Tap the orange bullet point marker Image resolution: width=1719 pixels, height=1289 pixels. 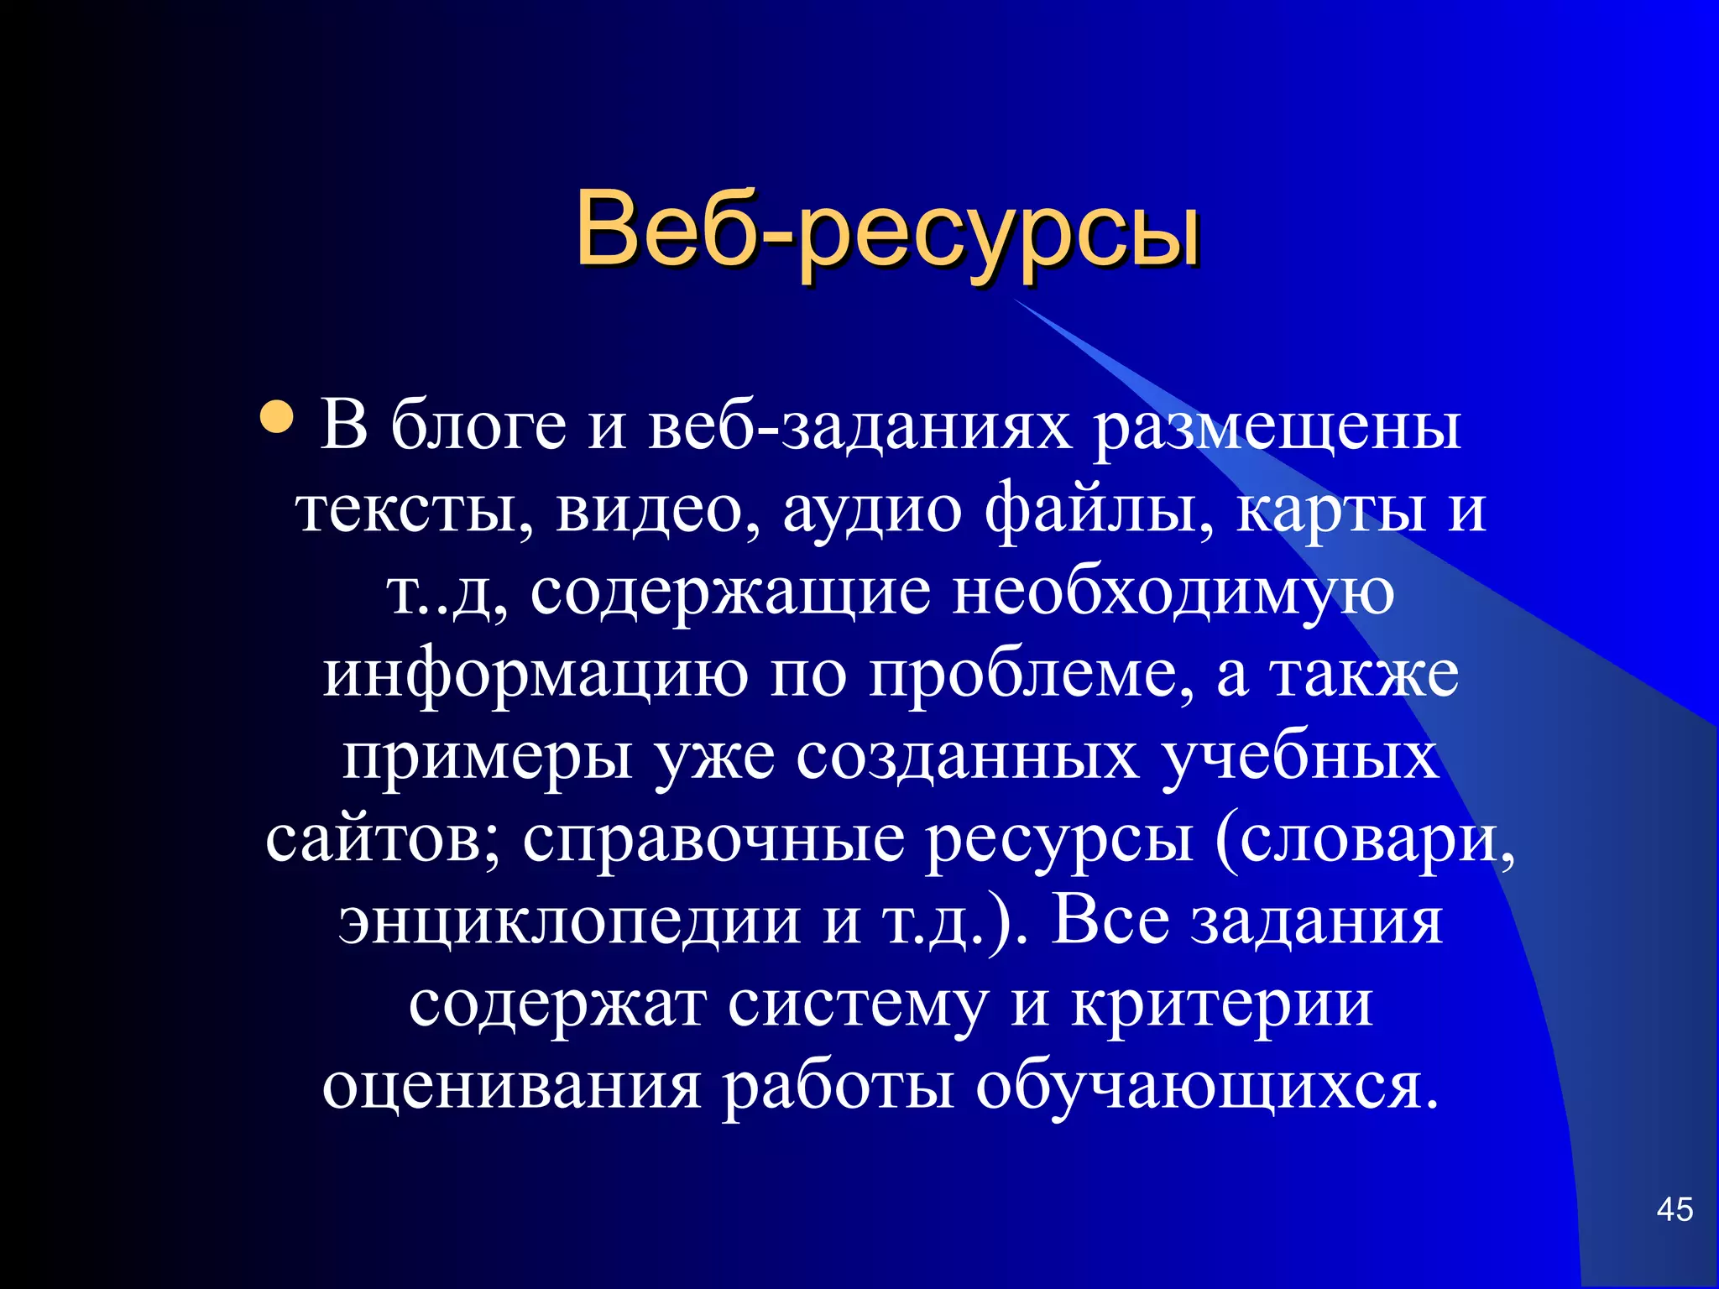277,417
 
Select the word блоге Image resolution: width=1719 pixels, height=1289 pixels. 478,425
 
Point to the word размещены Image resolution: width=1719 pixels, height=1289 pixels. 1277,427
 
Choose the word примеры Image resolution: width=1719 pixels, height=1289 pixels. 488,756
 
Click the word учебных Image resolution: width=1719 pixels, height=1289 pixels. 1300,756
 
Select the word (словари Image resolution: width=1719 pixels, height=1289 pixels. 1365,838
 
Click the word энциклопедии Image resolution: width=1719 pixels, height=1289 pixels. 570,921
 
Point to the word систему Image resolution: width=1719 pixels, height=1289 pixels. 858,1003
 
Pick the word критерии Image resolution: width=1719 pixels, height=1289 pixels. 1222,1003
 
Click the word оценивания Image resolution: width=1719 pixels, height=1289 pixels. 511,1085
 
